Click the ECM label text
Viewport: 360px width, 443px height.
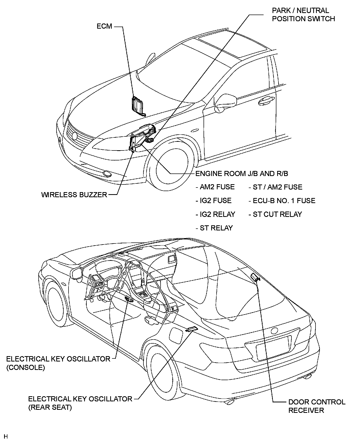click(104, 26)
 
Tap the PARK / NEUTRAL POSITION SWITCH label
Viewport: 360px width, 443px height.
click(303, 15)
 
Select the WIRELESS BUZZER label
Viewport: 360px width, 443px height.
click(74, 195)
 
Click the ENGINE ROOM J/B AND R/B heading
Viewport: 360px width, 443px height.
click(242, 174)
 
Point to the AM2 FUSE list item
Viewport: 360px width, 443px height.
click(215, 187)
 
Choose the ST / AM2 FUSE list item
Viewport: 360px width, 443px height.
click(275, 187)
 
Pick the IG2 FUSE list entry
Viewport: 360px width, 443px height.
click(213, 201)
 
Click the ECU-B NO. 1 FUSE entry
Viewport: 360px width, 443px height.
click(282, 201)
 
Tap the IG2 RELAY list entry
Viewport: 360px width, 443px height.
click(215, 214)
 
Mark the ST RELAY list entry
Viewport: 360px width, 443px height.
click(214, 228)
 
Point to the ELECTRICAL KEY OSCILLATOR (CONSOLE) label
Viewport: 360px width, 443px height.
click(58, 363)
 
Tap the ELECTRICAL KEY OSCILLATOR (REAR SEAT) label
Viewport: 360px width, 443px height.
click(80, 403)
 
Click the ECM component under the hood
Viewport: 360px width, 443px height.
click(138, 105)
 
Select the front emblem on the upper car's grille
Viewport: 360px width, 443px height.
click(75, 136)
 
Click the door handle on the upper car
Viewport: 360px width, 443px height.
click(266, 101)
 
